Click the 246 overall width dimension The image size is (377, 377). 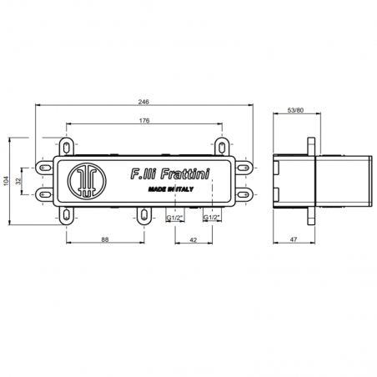tap(143, 101)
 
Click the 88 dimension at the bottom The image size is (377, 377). tap(104, 240)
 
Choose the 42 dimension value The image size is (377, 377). tap(193, 240)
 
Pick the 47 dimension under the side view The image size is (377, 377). tap(294, 240)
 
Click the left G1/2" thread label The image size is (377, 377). tap(174, 218)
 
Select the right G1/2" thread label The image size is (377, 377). tap(213, 218)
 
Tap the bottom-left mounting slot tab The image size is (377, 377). tap(66, 215)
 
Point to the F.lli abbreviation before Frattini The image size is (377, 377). tap(138, 174)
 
